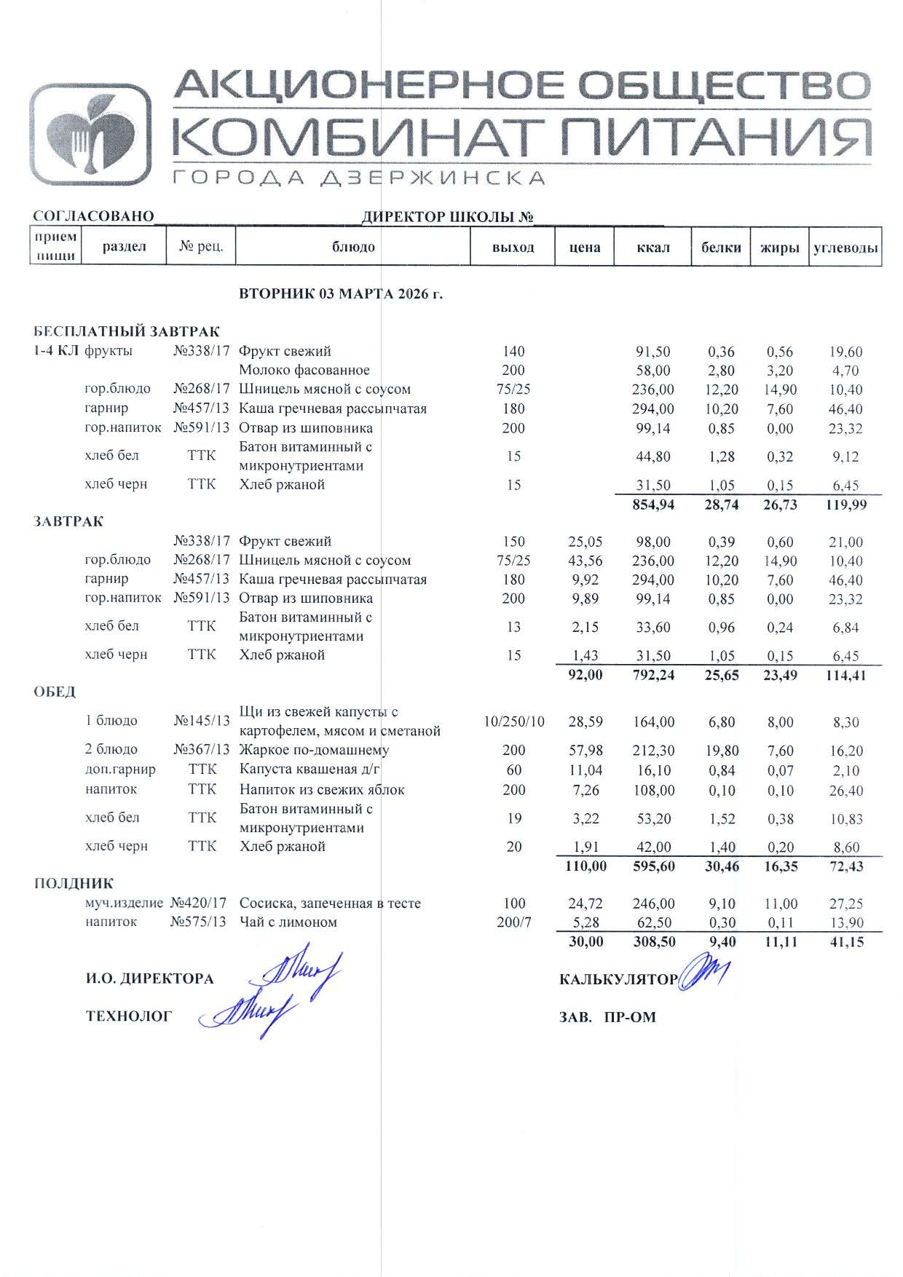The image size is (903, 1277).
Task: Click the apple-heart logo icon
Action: tap(90, 135)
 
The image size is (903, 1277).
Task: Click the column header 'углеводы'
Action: tap(845, 247)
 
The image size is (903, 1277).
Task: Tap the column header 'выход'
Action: tap(513, 247)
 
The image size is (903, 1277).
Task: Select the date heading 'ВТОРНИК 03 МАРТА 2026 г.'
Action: tap(341, 294)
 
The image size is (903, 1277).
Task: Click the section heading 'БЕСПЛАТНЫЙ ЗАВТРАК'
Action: tap(127, 332)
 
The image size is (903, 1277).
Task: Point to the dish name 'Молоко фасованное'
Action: tap(304, 370)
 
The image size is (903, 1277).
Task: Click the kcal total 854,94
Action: tap(653, 505)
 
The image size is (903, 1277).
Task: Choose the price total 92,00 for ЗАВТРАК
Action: tap(585, 675)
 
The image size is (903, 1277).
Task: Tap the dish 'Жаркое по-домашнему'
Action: tap(314, 750)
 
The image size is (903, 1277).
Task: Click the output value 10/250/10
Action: tap(514, 721)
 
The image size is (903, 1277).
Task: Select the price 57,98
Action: tap(585, 750)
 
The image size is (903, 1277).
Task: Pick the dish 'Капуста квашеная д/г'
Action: tap(309, 770)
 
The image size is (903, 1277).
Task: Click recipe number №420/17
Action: tap(199, 903)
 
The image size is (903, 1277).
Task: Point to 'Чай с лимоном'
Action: tap(288, 922)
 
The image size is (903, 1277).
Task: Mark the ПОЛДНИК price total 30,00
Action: tap(585, 941)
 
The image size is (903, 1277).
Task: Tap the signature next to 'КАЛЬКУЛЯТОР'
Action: tap(703, 973)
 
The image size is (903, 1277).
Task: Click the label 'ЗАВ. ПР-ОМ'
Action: tap(607, 1017)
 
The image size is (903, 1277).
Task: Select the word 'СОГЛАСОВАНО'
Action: tap(93, 216)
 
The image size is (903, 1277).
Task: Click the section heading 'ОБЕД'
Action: tap(55, 692)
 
